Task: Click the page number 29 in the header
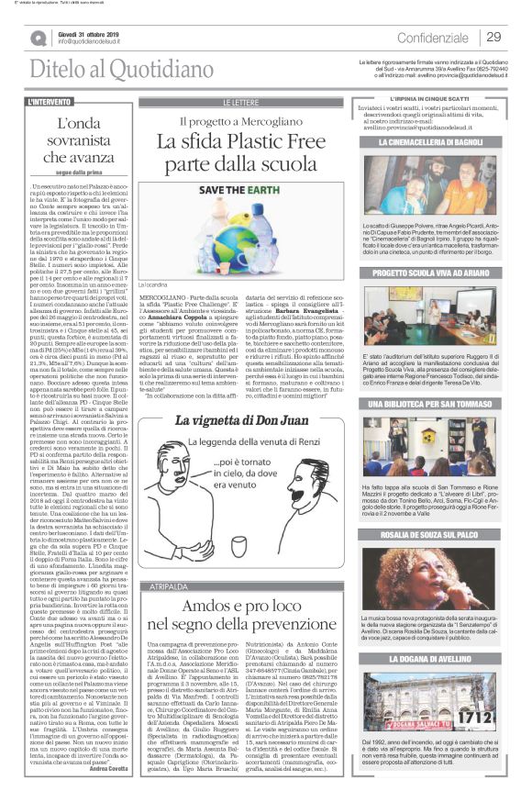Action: pos(493,37)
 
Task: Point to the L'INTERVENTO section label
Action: pos(50,101)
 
